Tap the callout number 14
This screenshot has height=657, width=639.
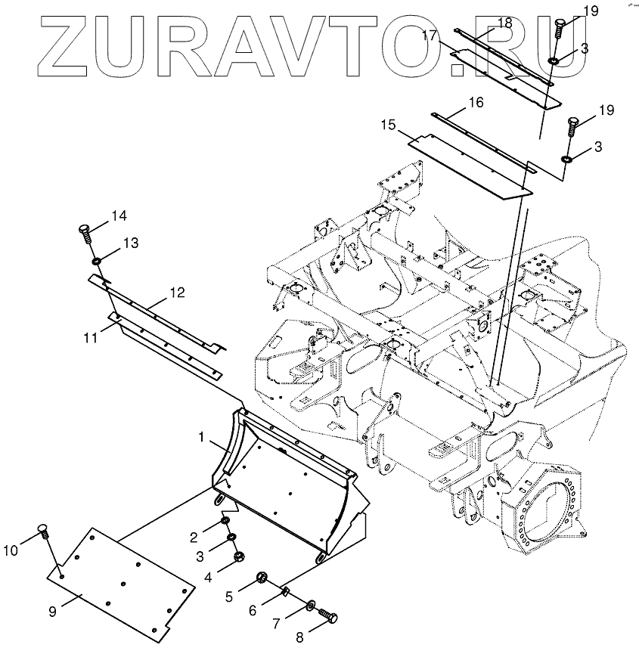point(119,216)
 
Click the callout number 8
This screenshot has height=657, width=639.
point(299,637)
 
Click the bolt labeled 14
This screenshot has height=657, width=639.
point(85,230)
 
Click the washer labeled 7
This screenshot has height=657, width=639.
point(312,605)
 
